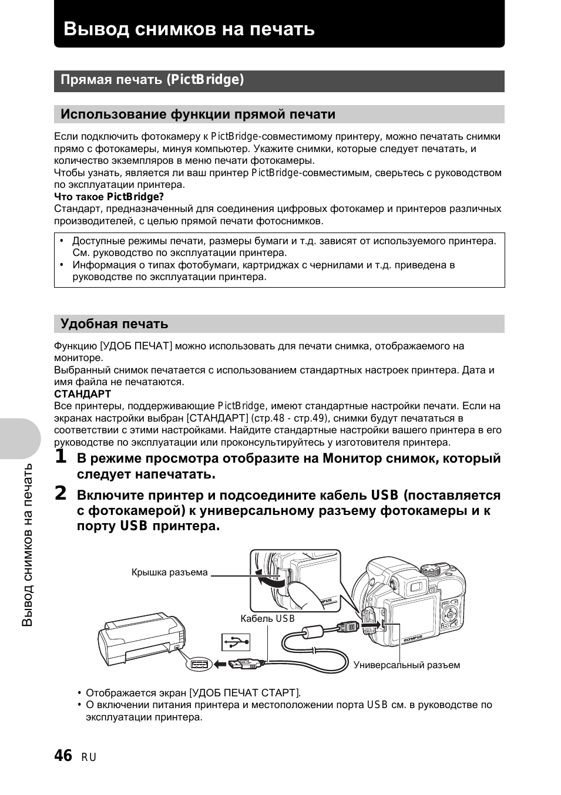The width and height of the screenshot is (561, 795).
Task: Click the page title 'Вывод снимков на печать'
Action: tap(189, 29)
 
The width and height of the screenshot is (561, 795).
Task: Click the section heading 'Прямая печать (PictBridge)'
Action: tap(152, 80)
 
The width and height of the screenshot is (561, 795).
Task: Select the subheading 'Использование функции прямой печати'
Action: tap(198, 114)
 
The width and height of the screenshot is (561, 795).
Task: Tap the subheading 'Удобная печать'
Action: tap(114, 324)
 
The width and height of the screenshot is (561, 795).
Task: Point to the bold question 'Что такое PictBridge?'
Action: tap(109, 197)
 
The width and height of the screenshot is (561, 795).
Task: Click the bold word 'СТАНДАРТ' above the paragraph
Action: tap(82, 394)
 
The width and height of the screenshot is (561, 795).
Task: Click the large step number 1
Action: tap(61, 457)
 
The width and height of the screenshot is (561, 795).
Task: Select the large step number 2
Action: tap(61, 494)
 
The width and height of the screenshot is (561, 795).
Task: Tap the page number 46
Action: tap(63, 756)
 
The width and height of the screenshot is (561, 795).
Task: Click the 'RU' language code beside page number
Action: tap(89, 757)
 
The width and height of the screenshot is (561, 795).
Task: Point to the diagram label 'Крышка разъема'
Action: tap(169, 572)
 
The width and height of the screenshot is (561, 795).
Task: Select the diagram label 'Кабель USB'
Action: tap(267, 618)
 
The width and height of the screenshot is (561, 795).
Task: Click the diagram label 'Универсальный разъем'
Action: tap(407, 665)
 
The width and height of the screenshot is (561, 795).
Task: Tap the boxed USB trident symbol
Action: tap(236, 642)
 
